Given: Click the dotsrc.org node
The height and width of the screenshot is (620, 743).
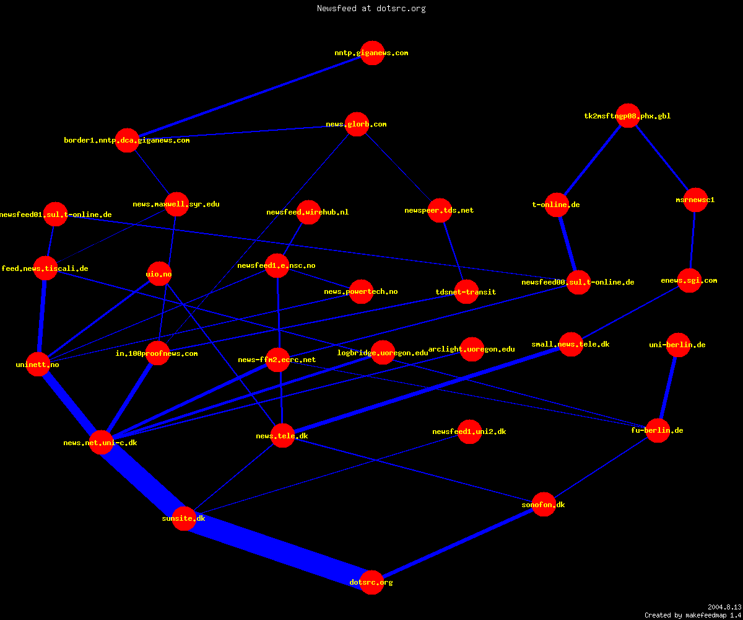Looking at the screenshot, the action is [371, 582].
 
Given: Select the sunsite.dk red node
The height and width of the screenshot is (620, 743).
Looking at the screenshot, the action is [184, 518].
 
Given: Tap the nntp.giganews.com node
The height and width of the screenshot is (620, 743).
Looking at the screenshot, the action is [372, 53].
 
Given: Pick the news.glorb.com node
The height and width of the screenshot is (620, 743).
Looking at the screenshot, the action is [357, 125].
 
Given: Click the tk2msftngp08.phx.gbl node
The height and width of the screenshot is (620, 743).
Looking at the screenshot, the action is [628, 116].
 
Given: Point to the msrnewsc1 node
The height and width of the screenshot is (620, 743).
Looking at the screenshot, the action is [695, 200].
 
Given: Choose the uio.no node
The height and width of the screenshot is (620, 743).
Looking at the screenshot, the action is [159, 273].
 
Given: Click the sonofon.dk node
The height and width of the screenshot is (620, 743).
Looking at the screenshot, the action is [544, 504].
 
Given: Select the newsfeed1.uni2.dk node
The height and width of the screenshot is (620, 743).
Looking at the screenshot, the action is [469, 432].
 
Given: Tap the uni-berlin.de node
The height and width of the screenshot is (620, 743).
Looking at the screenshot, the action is [678, 345].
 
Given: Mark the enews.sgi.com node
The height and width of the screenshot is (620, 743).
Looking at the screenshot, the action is [689, 280].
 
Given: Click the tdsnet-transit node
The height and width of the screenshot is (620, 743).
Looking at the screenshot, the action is [466, 292].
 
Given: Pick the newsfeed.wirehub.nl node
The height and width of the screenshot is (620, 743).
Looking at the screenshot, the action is [308, 212].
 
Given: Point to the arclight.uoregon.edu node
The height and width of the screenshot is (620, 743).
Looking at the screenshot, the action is [472, 349].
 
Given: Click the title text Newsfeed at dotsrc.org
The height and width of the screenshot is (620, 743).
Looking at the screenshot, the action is [371, 8].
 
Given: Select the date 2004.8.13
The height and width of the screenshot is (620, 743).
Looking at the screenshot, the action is [724, 607].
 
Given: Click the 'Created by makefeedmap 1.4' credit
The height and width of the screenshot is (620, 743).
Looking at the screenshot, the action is [693, 615].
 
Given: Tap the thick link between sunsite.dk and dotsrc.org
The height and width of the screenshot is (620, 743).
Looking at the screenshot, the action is [277, 551].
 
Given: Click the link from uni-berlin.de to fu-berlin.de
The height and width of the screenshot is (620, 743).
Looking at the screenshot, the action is [668, 387].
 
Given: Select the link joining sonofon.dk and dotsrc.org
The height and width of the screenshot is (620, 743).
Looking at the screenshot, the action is [458, 543].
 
